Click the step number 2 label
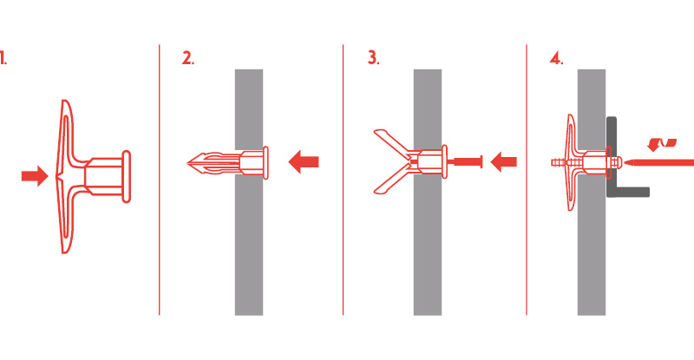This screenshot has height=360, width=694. coord(188,58)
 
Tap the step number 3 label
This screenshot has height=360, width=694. coord(374,57)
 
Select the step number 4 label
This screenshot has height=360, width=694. coord(556,58)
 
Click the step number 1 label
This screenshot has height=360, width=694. coord(3,58)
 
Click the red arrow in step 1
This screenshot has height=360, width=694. coord(35,176)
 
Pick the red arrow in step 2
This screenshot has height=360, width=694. coord(304,161)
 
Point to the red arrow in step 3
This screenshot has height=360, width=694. coord(504,162)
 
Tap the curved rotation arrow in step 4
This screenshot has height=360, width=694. coord(661,144)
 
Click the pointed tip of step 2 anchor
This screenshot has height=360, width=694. coord(187,163)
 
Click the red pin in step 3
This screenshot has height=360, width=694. coord(467,162)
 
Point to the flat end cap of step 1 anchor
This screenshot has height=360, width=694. coord(126,177)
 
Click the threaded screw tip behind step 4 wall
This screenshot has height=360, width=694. coord(559,163)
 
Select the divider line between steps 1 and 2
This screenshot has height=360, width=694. coord(160,180)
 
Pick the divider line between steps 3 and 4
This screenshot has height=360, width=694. coord(527,180)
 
